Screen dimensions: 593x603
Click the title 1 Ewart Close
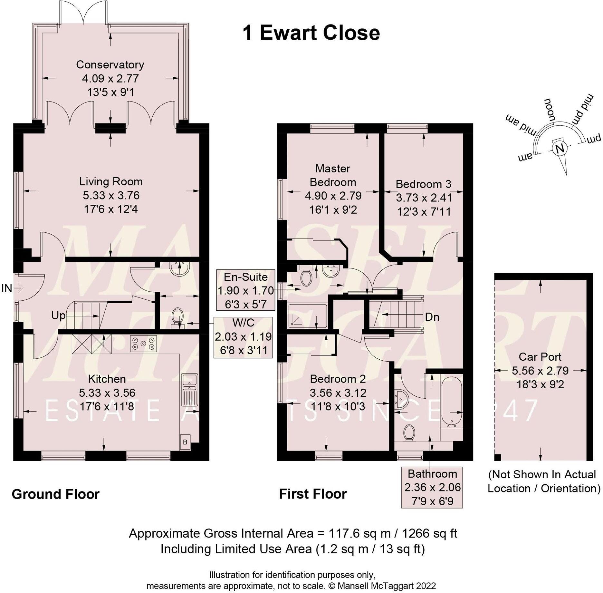[x=311, y=33]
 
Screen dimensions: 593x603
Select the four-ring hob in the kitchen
[x=143, y=343]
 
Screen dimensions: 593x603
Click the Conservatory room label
[x=110, y=65]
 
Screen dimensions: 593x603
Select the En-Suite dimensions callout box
[x=245, y=290]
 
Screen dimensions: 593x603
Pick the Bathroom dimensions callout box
[x=432, y=487]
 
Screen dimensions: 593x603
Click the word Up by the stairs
[x=58, y=316]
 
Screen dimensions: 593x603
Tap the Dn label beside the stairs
[x=432, y=317]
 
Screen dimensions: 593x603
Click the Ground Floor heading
[x=55, y=494]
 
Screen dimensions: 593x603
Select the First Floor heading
[x=313, y=494]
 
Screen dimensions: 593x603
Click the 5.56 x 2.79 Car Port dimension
[x=540, y=371]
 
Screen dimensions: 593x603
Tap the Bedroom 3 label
[x=423, y=184]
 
